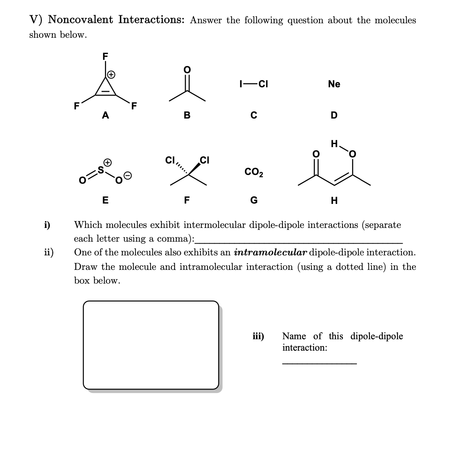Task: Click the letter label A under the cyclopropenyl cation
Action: point(105,115)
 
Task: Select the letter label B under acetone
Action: point(187,115)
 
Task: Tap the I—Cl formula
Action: point(253,84)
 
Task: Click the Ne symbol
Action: point(334,84)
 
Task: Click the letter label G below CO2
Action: point(254,200)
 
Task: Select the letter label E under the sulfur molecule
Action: point(105,200)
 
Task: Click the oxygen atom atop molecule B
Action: point(187,70)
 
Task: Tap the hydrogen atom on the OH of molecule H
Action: point(334,144)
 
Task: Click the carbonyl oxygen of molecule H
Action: point(315,154)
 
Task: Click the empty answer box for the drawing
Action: point(151,345)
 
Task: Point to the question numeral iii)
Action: point(258,336)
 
